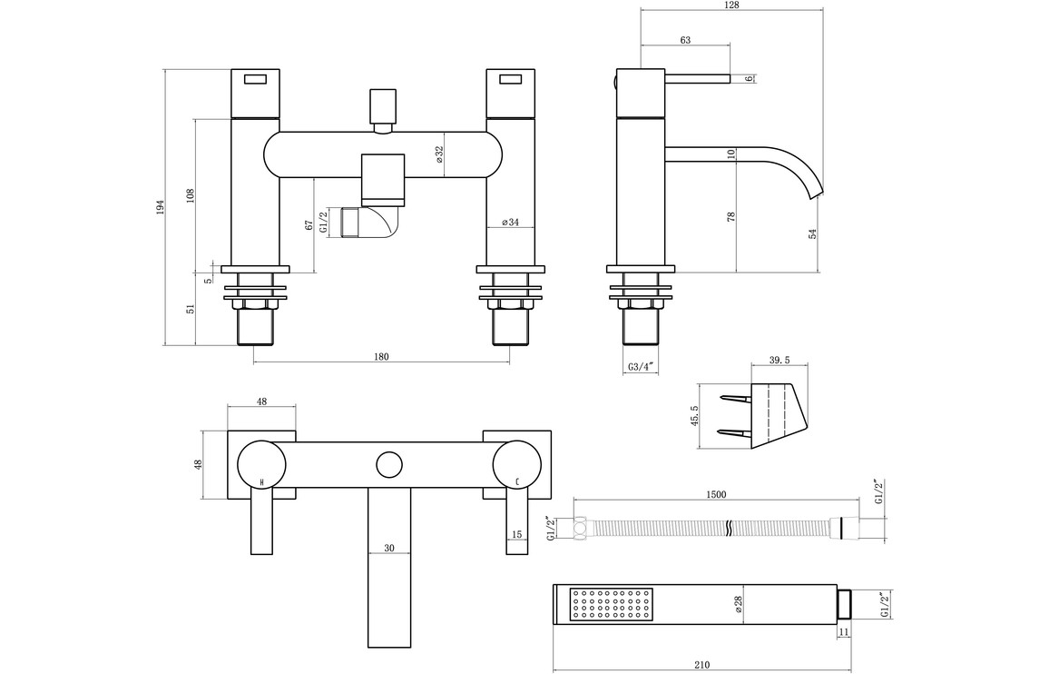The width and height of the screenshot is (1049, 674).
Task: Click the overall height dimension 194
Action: point(160,207)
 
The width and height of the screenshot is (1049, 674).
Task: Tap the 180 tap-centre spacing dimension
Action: point(381,357)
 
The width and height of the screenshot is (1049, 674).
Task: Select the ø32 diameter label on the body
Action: point(439,155)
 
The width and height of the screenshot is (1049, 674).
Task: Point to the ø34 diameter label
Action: point(510,223)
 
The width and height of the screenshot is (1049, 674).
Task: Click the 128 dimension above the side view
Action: point(732,5)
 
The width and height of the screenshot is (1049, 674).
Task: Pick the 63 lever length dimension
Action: point(685,40)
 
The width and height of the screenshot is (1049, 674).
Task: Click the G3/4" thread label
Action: point(641,367)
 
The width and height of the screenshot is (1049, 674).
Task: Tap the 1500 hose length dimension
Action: point(716,495)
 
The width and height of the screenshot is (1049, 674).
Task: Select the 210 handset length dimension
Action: point(701,665)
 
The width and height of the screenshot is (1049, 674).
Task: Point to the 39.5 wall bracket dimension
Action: point(779,361)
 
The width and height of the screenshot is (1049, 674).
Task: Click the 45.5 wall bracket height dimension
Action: point(695,415)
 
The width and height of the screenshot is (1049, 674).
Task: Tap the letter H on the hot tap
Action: point(262,481)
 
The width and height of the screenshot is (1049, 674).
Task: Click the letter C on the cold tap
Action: point(517,481)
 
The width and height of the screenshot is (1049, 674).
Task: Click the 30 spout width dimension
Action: point(389,548)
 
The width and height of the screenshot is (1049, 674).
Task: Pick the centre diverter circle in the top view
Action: point(389,464)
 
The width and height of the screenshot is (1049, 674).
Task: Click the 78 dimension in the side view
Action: point(731,216)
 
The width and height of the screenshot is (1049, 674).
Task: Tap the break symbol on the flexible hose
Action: point(729,526)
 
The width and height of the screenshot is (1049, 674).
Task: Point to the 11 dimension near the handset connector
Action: point(843,630)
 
